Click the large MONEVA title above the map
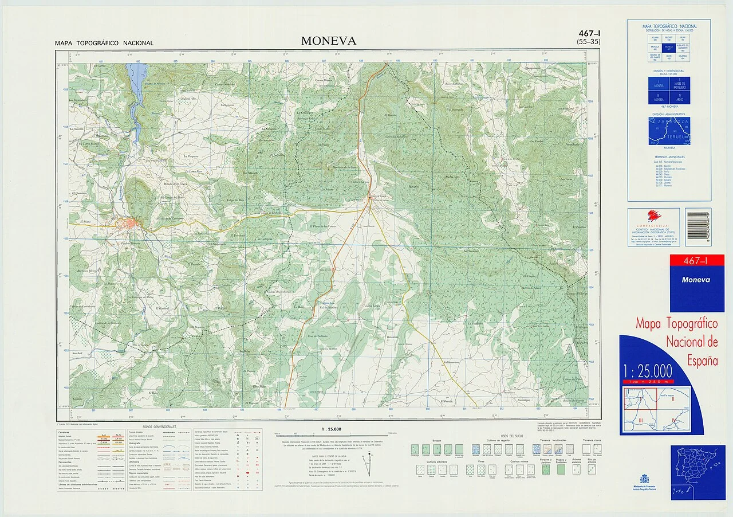[329, 41]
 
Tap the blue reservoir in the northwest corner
[136, 80]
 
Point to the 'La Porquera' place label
[191, 155]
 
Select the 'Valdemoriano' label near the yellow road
[451, 362]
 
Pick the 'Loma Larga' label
[373, 306]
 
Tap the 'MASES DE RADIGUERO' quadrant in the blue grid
[680, 85]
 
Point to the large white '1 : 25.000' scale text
[648, 371]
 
